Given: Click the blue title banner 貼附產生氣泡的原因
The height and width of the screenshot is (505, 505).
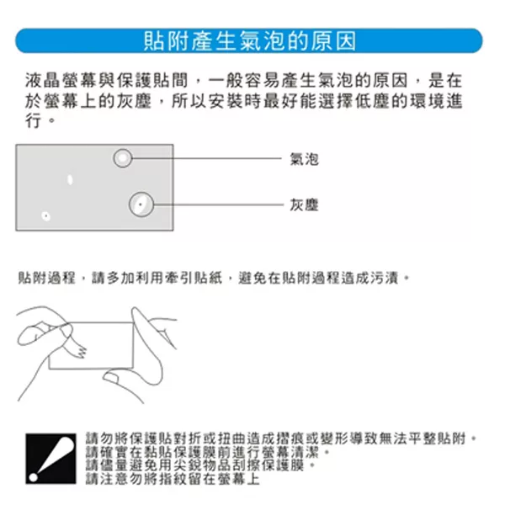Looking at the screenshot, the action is (x=249, y=40).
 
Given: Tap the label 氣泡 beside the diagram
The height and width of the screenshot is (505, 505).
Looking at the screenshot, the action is (x=305, y=159).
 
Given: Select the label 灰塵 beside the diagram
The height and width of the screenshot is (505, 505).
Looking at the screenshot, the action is (x=305, y=205).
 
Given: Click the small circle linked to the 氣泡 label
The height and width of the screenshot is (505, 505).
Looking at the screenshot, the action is (x=123, y=150).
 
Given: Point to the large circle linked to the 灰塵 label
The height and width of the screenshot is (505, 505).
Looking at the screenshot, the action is (x=141, y=193).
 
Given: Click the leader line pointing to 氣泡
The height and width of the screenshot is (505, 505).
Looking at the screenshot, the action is (x=207, y=158).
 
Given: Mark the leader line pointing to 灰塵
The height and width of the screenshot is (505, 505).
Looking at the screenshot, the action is (x=218, y=205).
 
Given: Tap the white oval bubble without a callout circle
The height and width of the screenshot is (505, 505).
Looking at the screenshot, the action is (x=70, y=180).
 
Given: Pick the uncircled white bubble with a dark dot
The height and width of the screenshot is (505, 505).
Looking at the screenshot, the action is (x=45, y=215).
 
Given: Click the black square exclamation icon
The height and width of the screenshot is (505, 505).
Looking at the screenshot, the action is (x=50, y=459).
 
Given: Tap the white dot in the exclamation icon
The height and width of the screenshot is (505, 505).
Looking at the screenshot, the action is (x=34, y=477).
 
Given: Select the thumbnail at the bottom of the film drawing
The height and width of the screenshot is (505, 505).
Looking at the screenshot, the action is (x=111, y=376).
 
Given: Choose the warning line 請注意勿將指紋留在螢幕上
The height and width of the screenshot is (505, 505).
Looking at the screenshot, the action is (x=173, y=479).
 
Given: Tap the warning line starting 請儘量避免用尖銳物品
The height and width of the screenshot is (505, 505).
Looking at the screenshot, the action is (x=200, y=465).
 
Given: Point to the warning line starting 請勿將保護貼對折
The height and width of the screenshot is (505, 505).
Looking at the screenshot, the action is (x=281, y=439).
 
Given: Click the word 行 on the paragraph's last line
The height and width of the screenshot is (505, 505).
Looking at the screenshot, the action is (x=34, y=120).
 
